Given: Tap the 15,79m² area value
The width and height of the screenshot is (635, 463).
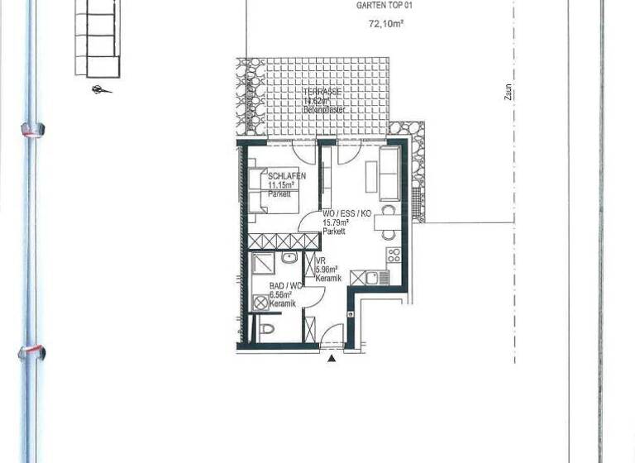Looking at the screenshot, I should [x=336, y=223].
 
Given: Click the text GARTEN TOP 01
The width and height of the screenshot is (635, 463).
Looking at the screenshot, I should [x=384, y=5].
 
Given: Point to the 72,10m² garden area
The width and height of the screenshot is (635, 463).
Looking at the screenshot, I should [x=385, y=25].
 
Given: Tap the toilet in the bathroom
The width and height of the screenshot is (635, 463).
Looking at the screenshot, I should [x=266, y=331].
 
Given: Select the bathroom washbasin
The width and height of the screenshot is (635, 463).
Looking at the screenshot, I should [x=289, y=260].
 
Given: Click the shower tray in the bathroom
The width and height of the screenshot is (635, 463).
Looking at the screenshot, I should [x=265, y=265].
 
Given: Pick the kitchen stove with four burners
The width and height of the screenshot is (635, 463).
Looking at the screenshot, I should [x=394, y=255].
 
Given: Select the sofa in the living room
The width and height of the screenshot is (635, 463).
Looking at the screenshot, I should [x=389, y=174].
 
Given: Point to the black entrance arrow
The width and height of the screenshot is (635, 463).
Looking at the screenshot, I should [x=332, y=357].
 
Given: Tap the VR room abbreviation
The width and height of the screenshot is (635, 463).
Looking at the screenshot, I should [x=321, y=260].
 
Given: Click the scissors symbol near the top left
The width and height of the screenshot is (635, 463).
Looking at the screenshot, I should [x=101, y=89].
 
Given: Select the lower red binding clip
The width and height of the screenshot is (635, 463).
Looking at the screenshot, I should [x=31, y=352].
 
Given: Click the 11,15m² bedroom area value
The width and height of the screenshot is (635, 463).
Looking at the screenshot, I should [x=282, y=185].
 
